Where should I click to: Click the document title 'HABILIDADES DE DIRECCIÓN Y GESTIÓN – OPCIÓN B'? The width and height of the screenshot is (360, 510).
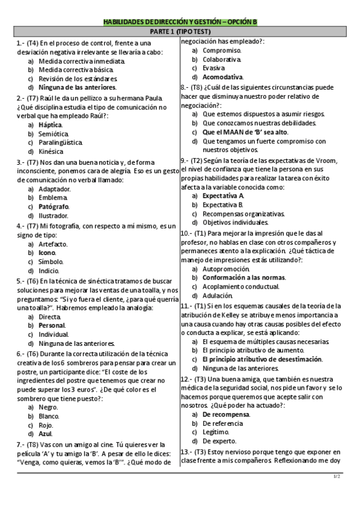pos(180,22)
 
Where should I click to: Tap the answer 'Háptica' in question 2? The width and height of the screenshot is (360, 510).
pos(50,124)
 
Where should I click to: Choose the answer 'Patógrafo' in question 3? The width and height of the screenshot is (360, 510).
pos(54,206)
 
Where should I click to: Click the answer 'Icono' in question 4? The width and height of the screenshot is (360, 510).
pos(47,253)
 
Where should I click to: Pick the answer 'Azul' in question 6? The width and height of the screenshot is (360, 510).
pos(46,433)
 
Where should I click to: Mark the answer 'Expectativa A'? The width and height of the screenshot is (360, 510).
pos(223,196)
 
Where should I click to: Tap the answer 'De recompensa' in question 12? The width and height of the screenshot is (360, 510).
pos(225,414)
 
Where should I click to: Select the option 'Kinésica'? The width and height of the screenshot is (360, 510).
pos(51,152)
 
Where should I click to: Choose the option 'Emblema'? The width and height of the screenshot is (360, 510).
pos(53,197)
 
